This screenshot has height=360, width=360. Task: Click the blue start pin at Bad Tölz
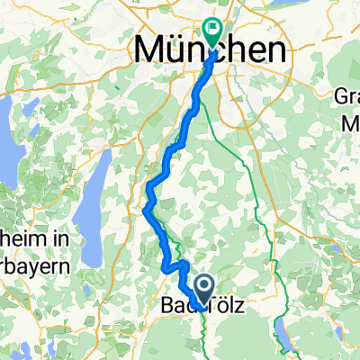click(x=202, y=290)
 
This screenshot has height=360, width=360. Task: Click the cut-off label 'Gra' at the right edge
click(x=346, y=95)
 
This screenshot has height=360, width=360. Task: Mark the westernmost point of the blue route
click(x=145, y=208)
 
